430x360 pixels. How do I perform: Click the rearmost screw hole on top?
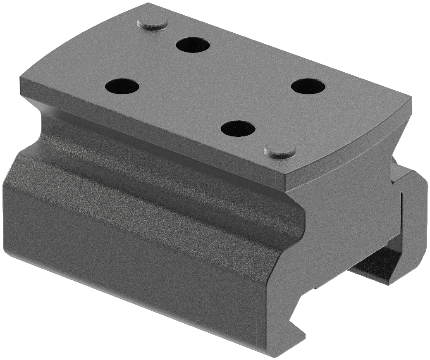tap(193, 44)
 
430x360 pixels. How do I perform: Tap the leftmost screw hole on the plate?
tap(122, 86)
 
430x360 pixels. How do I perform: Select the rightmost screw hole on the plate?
tap(308, 86)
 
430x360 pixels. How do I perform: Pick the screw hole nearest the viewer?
tap(238, 129)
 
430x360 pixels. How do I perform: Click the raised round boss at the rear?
tap(152, 23)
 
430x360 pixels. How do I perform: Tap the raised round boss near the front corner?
tap(280, 150)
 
